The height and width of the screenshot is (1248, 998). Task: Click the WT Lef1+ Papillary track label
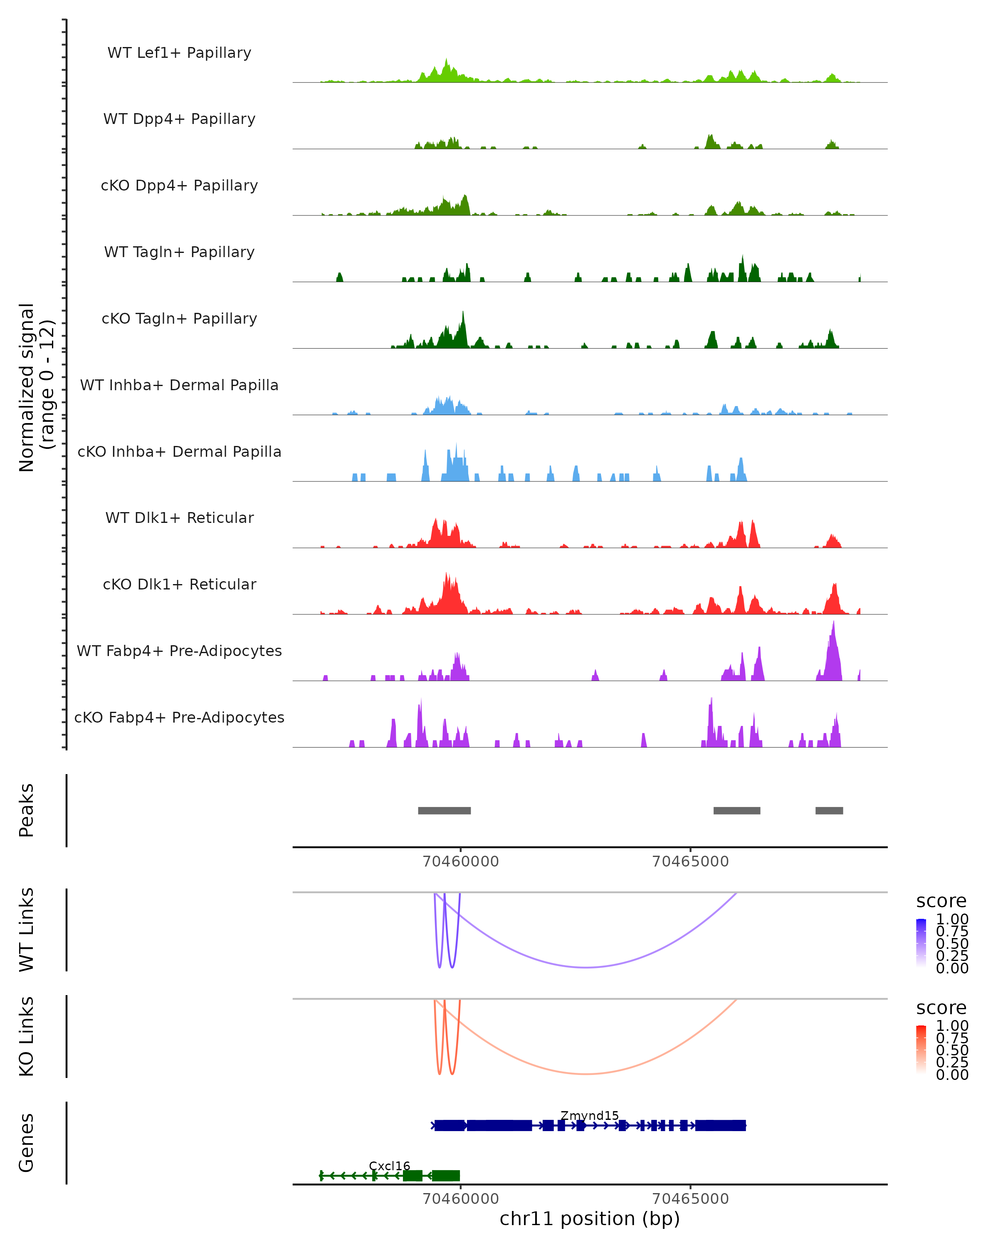pos(179,53)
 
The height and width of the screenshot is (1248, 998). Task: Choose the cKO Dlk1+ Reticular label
pos(179,584)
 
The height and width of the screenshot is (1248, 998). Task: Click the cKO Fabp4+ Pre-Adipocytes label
pos(179,717)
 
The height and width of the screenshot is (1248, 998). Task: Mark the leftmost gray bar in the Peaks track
pos(445,810)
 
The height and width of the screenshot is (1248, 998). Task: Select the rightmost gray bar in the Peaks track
pos(829,810)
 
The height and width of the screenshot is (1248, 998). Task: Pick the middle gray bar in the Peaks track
pos(736,810)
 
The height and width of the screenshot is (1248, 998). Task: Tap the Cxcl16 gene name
pos(389,1166)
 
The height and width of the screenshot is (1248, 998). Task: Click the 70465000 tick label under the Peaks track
pos(690,862)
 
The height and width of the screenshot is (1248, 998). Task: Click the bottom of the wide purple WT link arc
pos(587,967)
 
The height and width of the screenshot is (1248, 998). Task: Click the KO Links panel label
pos(27,1036)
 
